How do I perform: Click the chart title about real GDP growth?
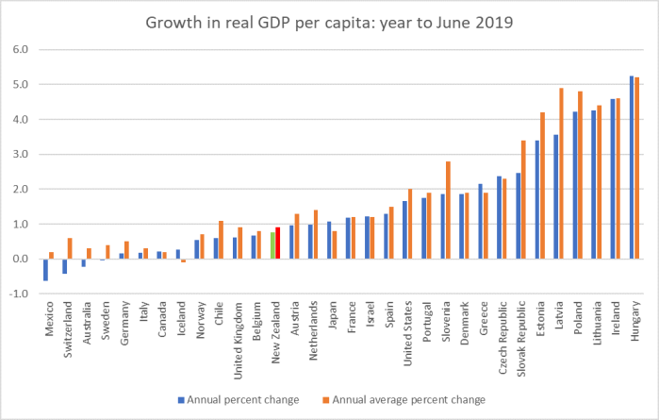329,23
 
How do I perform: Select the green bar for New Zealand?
272,245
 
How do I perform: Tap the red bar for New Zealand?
278,243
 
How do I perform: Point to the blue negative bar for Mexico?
45,269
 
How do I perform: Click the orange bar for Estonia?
542,185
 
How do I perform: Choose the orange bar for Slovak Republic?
523,199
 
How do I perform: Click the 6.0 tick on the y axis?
22,49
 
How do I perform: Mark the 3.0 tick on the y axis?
22,154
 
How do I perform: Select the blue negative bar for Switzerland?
64,266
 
